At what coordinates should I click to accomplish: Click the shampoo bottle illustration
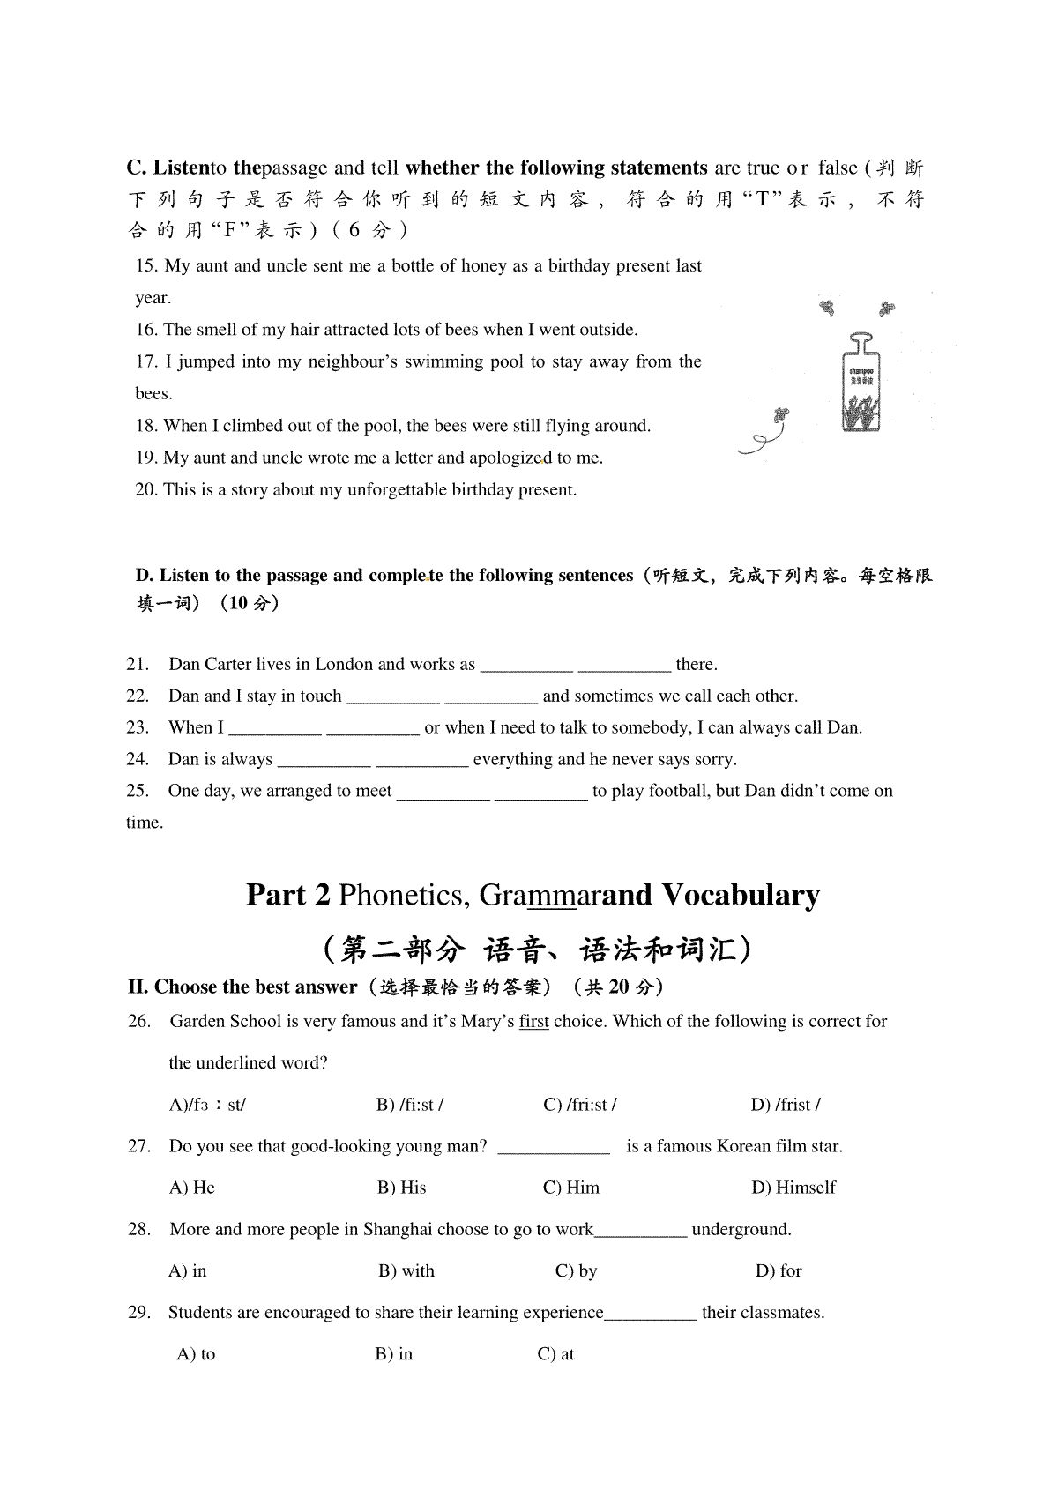[x=860, y=384]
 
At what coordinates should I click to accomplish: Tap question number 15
[x=146, y=266]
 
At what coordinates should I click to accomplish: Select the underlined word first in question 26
[x=533, y=1022]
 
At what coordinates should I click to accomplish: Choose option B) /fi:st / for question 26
[x=410, y=1105]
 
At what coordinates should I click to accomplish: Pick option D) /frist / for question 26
[x=786, y=1105]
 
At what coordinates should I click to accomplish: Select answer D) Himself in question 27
[x=793, y=1188]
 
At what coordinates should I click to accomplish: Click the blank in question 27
[x=554, y=1147]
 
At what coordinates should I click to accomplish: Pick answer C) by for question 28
[x=577, y=1271]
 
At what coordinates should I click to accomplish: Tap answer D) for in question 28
[x=779, y=1271]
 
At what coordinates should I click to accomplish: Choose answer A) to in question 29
[x=197, y=1354]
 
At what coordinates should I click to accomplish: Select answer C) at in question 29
[x=556, y=1354]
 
